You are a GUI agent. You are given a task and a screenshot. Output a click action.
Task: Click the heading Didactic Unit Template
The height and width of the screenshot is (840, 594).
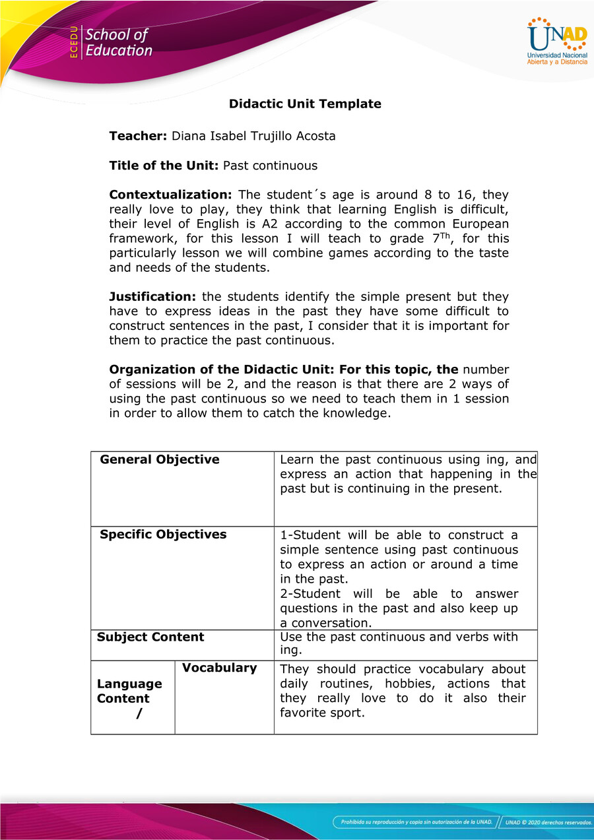coord(305,104)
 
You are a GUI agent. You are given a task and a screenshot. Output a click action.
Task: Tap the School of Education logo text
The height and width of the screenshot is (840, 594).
coord(119,42)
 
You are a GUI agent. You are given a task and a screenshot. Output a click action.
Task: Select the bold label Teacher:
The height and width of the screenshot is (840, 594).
coord(138,137)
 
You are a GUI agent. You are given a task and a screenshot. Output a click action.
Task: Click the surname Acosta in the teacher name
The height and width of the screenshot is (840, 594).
coord(310,137)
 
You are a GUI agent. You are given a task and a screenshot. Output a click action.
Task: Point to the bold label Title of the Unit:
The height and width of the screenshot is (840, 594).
coord(164,166)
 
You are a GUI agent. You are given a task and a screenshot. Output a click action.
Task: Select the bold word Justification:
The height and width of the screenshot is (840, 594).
coord(152,297)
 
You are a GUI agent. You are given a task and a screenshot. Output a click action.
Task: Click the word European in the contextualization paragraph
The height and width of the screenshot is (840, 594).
coord(480,224)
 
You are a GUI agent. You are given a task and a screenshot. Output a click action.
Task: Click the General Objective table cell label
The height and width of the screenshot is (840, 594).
coord(160,460)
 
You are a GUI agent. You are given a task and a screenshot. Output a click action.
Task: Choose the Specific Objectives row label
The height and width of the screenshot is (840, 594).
coord(163,534)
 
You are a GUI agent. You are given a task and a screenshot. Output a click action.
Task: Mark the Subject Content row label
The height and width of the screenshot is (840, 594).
coord(150,637)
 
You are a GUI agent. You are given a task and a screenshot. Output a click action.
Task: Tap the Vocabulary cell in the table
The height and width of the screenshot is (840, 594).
coord(219,668)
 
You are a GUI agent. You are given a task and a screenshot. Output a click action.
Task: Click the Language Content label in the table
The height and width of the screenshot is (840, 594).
coord(129,691)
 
